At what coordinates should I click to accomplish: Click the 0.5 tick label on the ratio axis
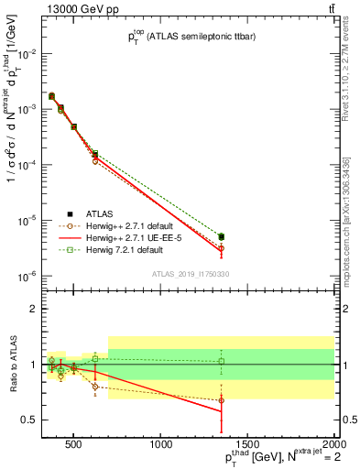pos(30,420)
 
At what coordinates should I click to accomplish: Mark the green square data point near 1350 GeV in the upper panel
pos(221,236)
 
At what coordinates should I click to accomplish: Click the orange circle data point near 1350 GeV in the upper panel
pos(221,248)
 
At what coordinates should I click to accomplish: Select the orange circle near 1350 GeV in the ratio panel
pos(221,400)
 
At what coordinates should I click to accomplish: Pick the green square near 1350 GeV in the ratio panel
pos(221,361)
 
